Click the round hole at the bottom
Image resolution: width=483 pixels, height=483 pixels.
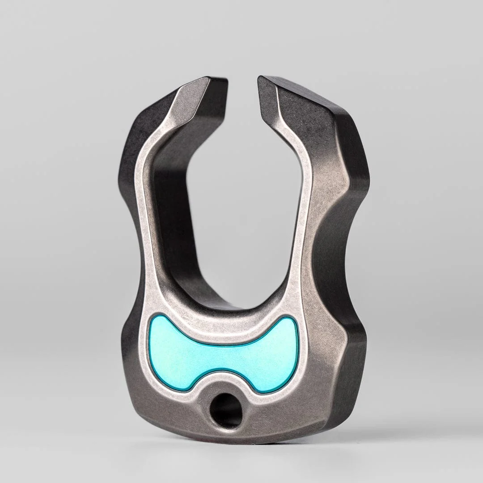(226, 410)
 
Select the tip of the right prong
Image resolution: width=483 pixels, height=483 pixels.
(264, 80)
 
